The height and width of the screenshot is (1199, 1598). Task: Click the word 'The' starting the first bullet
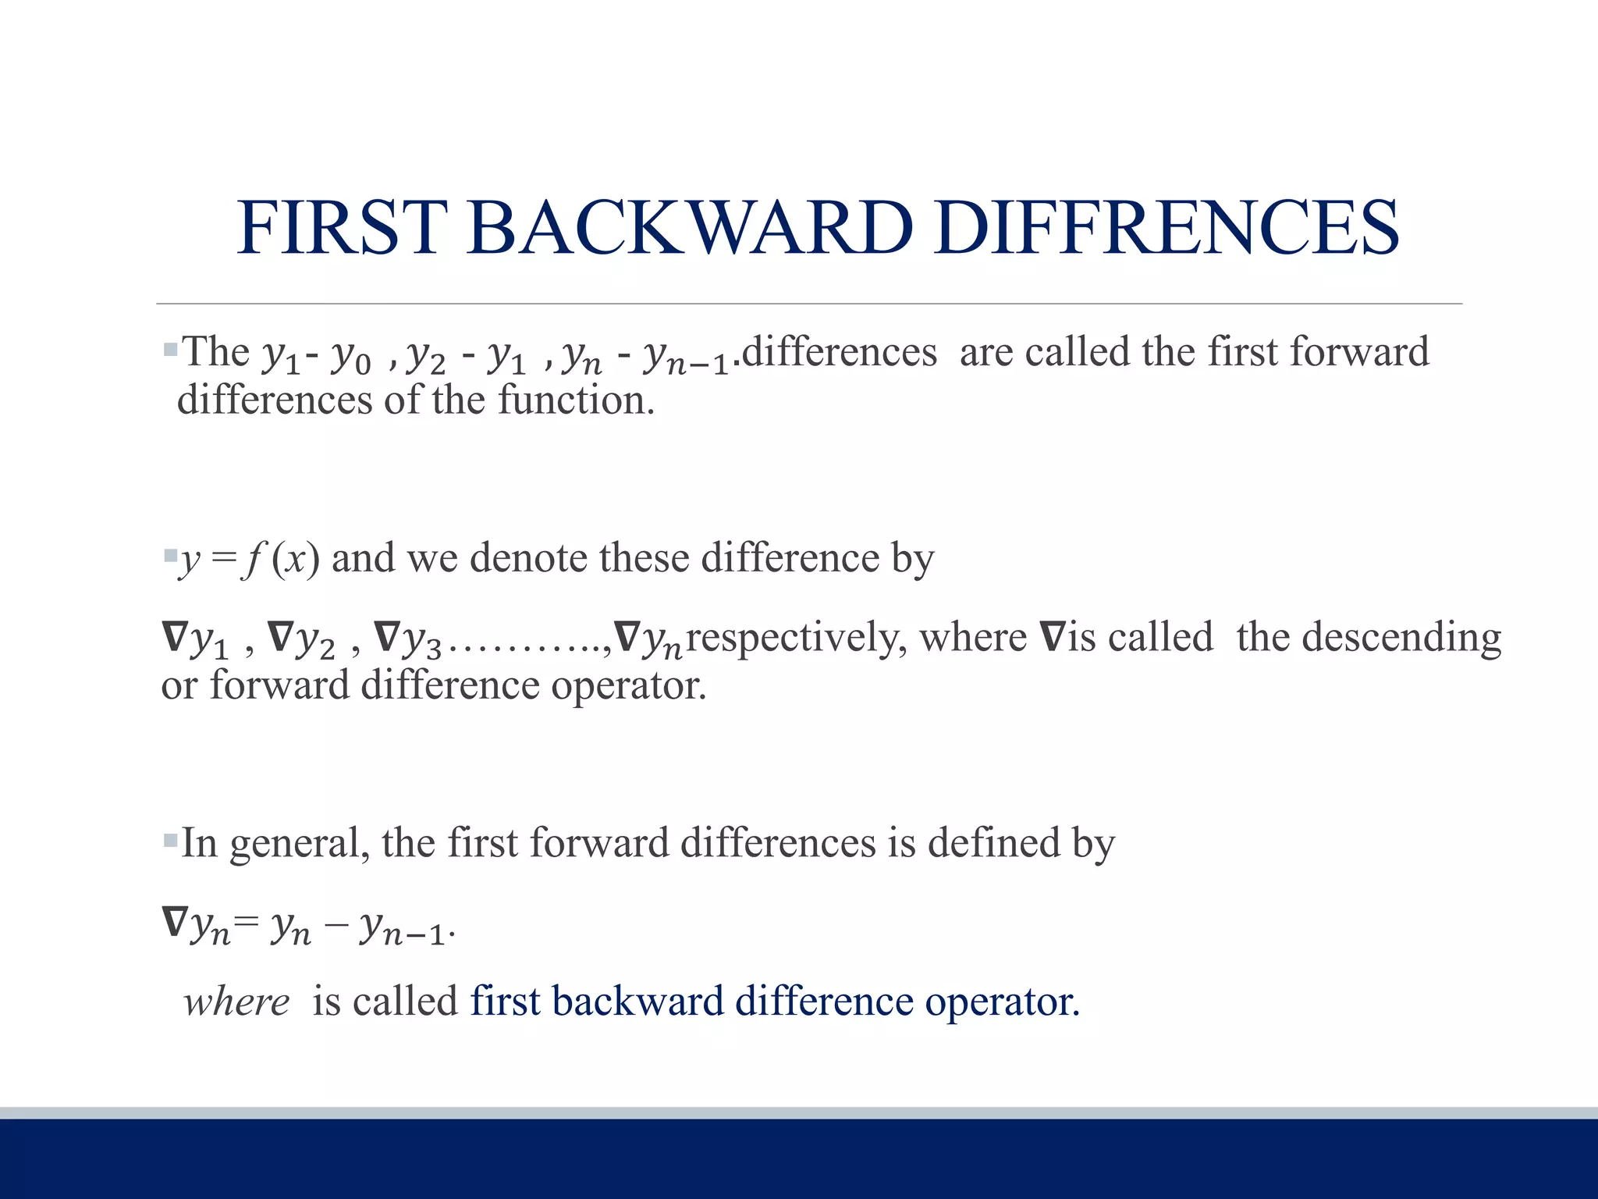(215, 352)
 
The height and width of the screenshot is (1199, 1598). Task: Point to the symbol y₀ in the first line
(351, 357)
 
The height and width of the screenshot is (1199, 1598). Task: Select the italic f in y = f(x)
(251, 559)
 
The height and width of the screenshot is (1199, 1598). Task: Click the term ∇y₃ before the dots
(408, 639)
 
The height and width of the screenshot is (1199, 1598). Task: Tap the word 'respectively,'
(797, 638)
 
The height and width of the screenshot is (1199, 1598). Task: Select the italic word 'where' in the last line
(236, 1002)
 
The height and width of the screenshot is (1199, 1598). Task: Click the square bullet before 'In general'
(171, 841)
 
